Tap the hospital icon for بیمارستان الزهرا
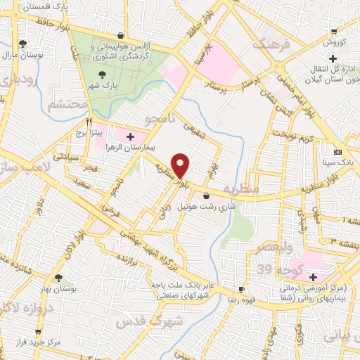[x=130, y=135]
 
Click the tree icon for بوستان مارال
[x=24, y=44]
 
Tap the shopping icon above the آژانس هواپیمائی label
[x=122, y=35]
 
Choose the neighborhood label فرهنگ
[x=255, y=44]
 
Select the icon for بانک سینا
[x=338, y=152]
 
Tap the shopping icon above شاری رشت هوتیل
[x=206, y=195]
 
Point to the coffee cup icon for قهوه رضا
[x=241, y=289]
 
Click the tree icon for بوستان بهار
[x=58, y=278]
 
